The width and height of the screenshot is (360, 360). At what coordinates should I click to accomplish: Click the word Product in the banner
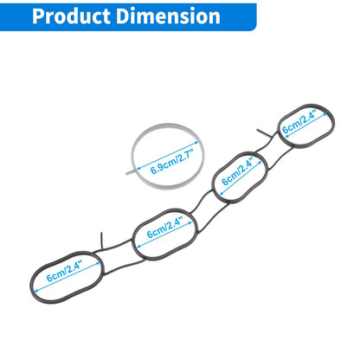pyautogui.click(x=72, y=16)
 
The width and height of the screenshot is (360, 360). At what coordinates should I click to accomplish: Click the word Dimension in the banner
pyautogui.click(x=169, y=16)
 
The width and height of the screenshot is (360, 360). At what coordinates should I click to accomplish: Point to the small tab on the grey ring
pyautogui.click(x=131, y=172)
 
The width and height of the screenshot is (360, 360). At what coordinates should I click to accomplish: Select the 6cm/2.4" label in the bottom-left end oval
pyautogui.click(x=65, y=270)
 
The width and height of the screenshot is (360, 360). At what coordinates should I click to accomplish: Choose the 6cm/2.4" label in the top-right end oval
pyautogui.click(x=299, y=121)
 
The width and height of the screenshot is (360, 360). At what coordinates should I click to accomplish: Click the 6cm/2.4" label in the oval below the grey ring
pyautogui.click(x=164, y=228)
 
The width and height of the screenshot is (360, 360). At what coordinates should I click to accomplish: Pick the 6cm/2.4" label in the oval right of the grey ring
pyautogui.click(x=237, y=171)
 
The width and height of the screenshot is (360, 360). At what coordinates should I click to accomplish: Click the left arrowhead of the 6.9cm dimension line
pyautogui.click(x=138, y=168)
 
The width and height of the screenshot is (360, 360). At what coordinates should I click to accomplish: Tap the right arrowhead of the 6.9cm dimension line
pyautogui.click(x=196, y=142)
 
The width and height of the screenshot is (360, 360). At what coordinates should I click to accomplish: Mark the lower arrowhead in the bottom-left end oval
pyautogui.click(x=36, y=291)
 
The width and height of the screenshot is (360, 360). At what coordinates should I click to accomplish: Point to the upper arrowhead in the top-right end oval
pyautogui.click(x=326, y=114)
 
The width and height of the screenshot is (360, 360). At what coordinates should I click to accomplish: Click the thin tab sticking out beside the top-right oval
pyautogui.click(x=263, y=133)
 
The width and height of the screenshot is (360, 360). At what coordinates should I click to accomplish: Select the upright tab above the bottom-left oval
pyautogui.click(x=101, y=241)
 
